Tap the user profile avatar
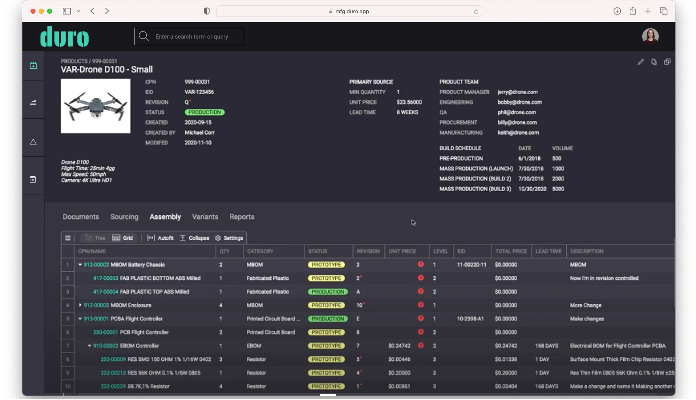tap(650, 36)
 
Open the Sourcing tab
tap(124, 217)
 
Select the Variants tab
tap(205, 217)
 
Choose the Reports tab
tap(242, 217)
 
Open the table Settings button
tap(229, 238)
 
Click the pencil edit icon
tap(641, 62)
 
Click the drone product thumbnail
tap(96, 106)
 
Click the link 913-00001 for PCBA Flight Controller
tap(96, 319)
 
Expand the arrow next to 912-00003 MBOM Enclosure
tap(80, 305)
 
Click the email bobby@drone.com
tap(520, 102)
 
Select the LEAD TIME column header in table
tap(548, 251)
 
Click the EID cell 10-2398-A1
tap(470, 319)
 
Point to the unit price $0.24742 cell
tap(399, 346)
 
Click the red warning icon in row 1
tap(421, 264)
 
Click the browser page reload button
tap(476, 12)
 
